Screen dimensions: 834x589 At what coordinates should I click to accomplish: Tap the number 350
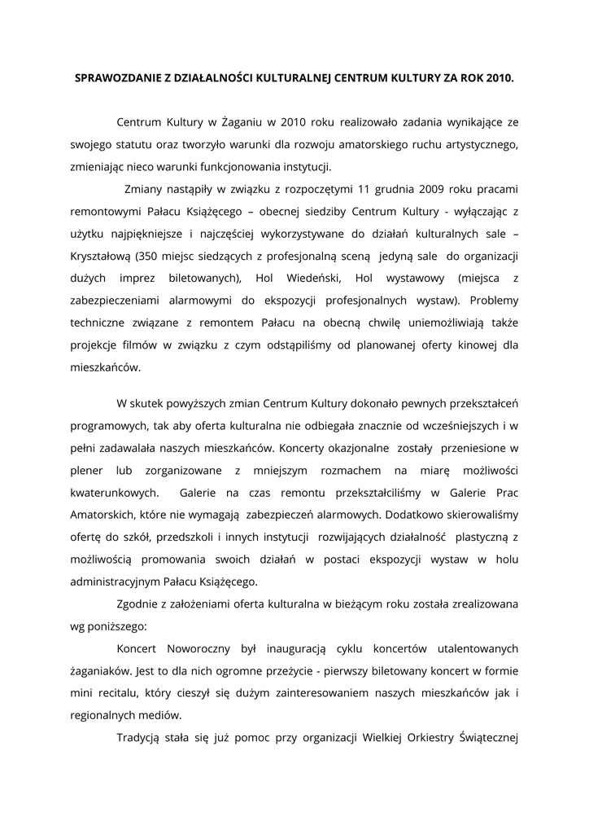(x=150, y=256)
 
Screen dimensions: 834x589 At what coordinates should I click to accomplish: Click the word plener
(x=86, y=470)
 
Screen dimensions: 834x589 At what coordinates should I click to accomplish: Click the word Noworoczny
(x=200, y=649)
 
